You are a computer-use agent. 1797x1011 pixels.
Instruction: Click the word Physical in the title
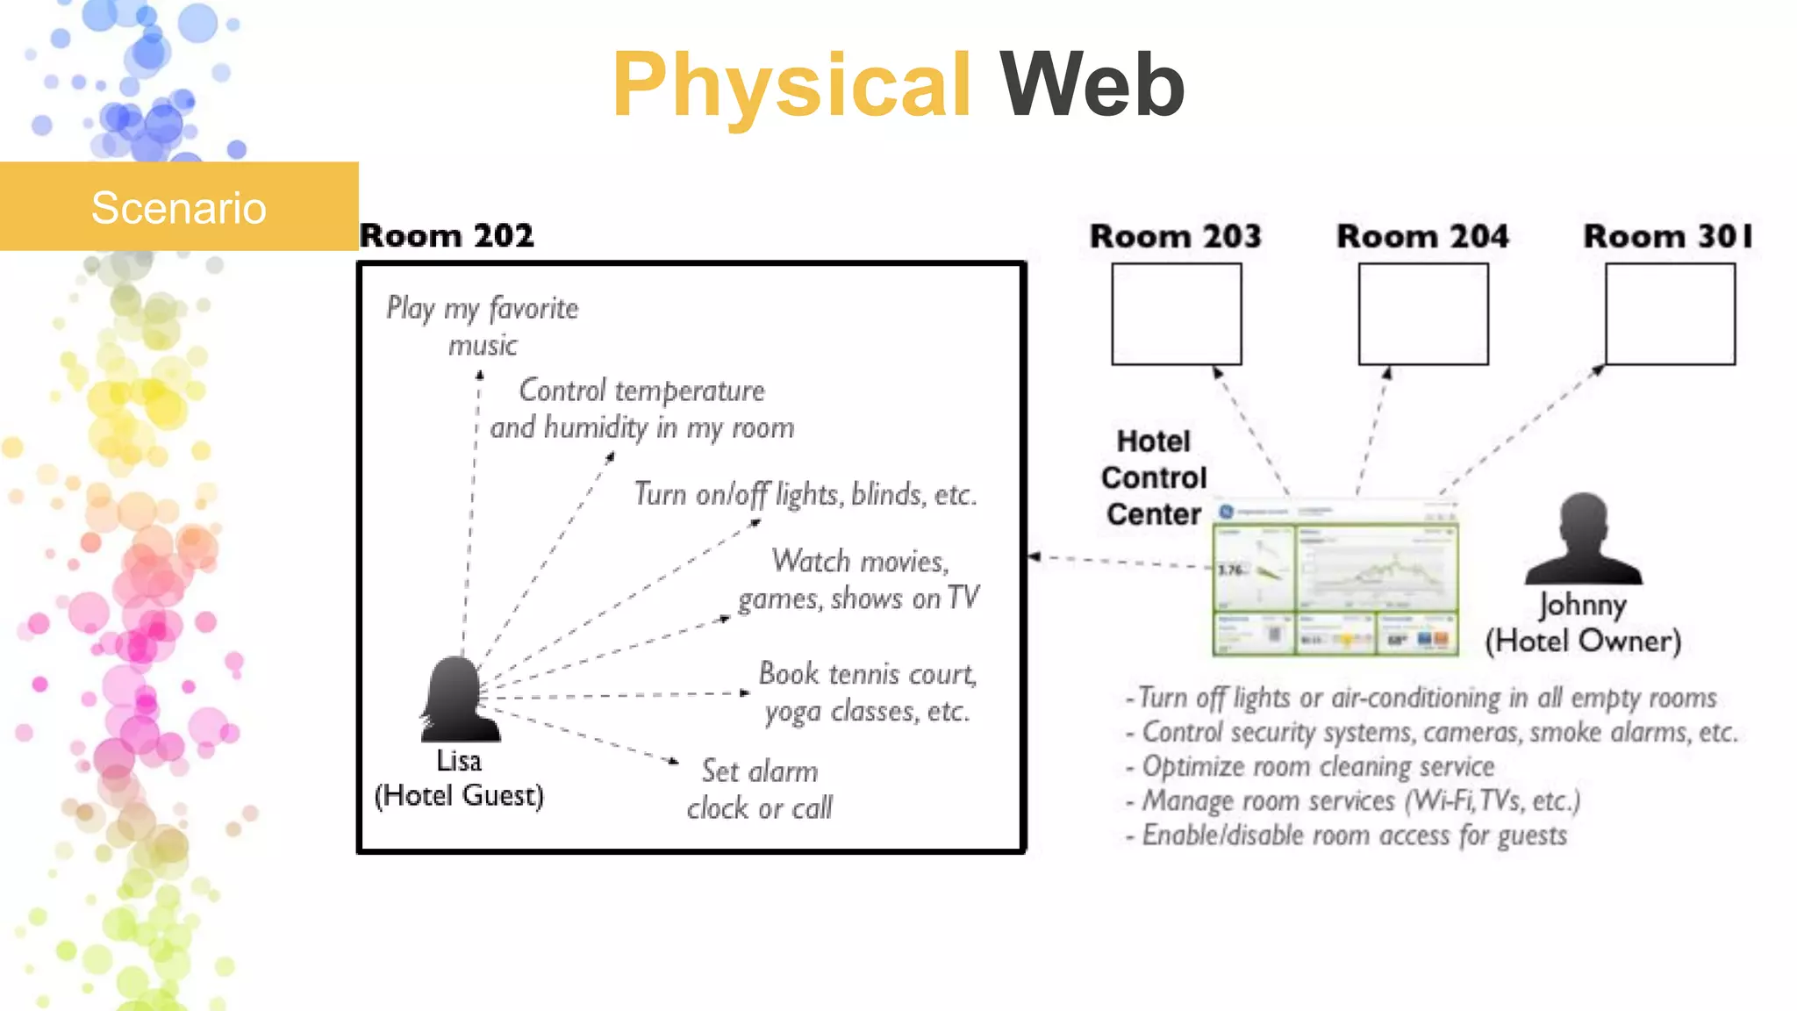tap(791, 85)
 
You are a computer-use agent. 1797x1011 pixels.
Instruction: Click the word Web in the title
tap(1092, 85)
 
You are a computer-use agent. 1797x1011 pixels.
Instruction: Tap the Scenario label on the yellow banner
tap(178, 208)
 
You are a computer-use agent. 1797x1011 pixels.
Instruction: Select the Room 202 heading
tap(447, 235)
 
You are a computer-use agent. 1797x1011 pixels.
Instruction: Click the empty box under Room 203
tap(1176, 314)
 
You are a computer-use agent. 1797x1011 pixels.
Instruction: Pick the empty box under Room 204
tap(1422, 314)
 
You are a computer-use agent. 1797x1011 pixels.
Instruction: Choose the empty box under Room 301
tap(1670, 314)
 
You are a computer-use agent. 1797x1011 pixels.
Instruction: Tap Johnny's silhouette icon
tap(1583, 539)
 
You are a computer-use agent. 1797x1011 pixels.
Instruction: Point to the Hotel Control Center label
tap(1153, 477)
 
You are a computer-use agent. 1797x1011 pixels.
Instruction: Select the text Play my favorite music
tap(483, 326)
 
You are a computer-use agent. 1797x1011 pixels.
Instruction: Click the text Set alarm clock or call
tap(760, 789)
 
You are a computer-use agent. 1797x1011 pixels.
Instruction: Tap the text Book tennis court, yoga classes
tap(867, 692)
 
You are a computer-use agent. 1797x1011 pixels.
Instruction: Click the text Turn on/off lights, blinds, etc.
tap(805, 494)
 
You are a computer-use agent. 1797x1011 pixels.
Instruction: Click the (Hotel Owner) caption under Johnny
tap(1583, 641)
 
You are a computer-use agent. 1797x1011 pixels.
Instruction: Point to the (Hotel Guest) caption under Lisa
tap(459, 795)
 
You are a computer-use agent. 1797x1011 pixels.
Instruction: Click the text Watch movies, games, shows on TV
tap(858, 579)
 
